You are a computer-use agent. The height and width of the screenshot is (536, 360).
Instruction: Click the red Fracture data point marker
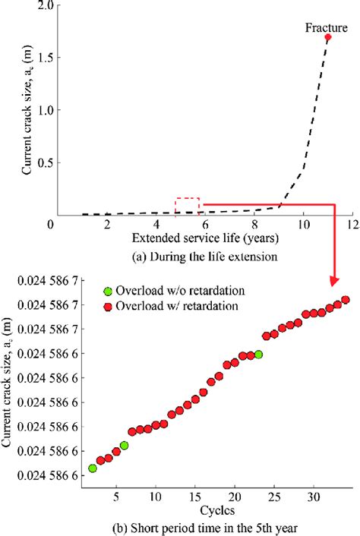tap(328, 36)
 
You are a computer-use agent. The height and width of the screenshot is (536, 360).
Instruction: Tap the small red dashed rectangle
tap(188, 207)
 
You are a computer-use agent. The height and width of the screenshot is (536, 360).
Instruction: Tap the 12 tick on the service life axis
tap(352, 225)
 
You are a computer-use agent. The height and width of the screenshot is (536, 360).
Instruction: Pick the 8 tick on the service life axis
tap(254, 225)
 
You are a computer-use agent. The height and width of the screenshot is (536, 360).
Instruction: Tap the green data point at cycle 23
tap(258, 355)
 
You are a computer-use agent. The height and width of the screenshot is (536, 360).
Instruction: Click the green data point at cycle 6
tap(124, 446)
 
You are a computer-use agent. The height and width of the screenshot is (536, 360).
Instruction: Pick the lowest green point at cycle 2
tap(93, 468)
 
